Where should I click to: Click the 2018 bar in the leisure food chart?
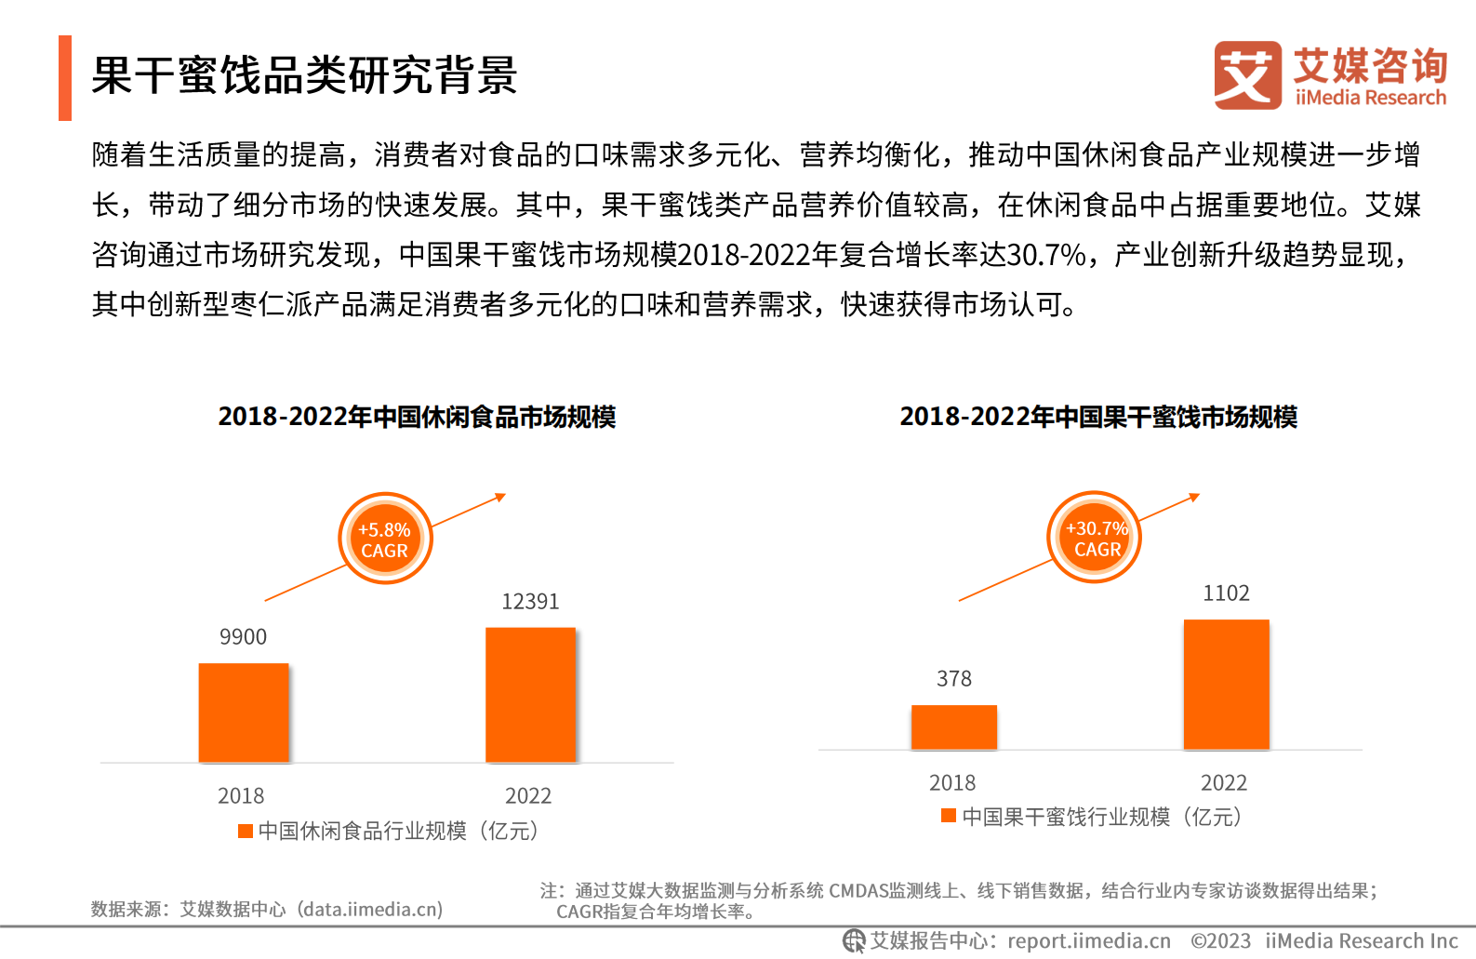tap(244, 713)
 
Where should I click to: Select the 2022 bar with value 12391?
tap(530, 695)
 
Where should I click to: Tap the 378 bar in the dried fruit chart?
tap(953, 727)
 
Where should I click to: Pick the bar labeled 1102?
tap(1226, 685)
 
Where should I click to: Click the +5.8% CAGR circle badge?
tap(385, 539)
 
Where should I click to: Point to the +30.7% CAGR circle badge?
tap(1095, 538)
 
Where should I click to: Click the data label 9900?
tap(243, 637)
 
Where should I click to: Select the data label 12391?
tap(530, 602)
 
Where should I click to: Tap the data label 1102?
tap(1226, 593)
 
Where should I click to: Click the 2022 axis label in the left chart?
tap(528, 796)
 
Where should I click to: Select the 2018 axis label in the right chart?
tap(952, 783)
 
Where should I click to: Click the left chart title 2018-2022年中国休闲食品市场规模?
tap(417, 417)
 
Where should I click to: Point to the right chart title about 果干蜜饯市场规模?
tap(1097, 417)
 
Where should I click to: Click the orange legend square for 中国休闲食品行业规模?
tap(246, 831)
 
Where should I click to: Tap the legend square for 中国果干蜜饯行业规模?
tap(949, 816)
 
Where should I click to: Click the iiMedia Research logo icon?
tap(1247, 75)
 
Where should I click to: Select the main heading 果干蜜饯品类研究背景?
tap(304, 75)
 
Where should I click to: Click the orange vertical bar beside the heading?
tap(65, 78)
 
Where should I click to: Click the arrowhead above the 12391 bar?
tap(501, 497)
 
